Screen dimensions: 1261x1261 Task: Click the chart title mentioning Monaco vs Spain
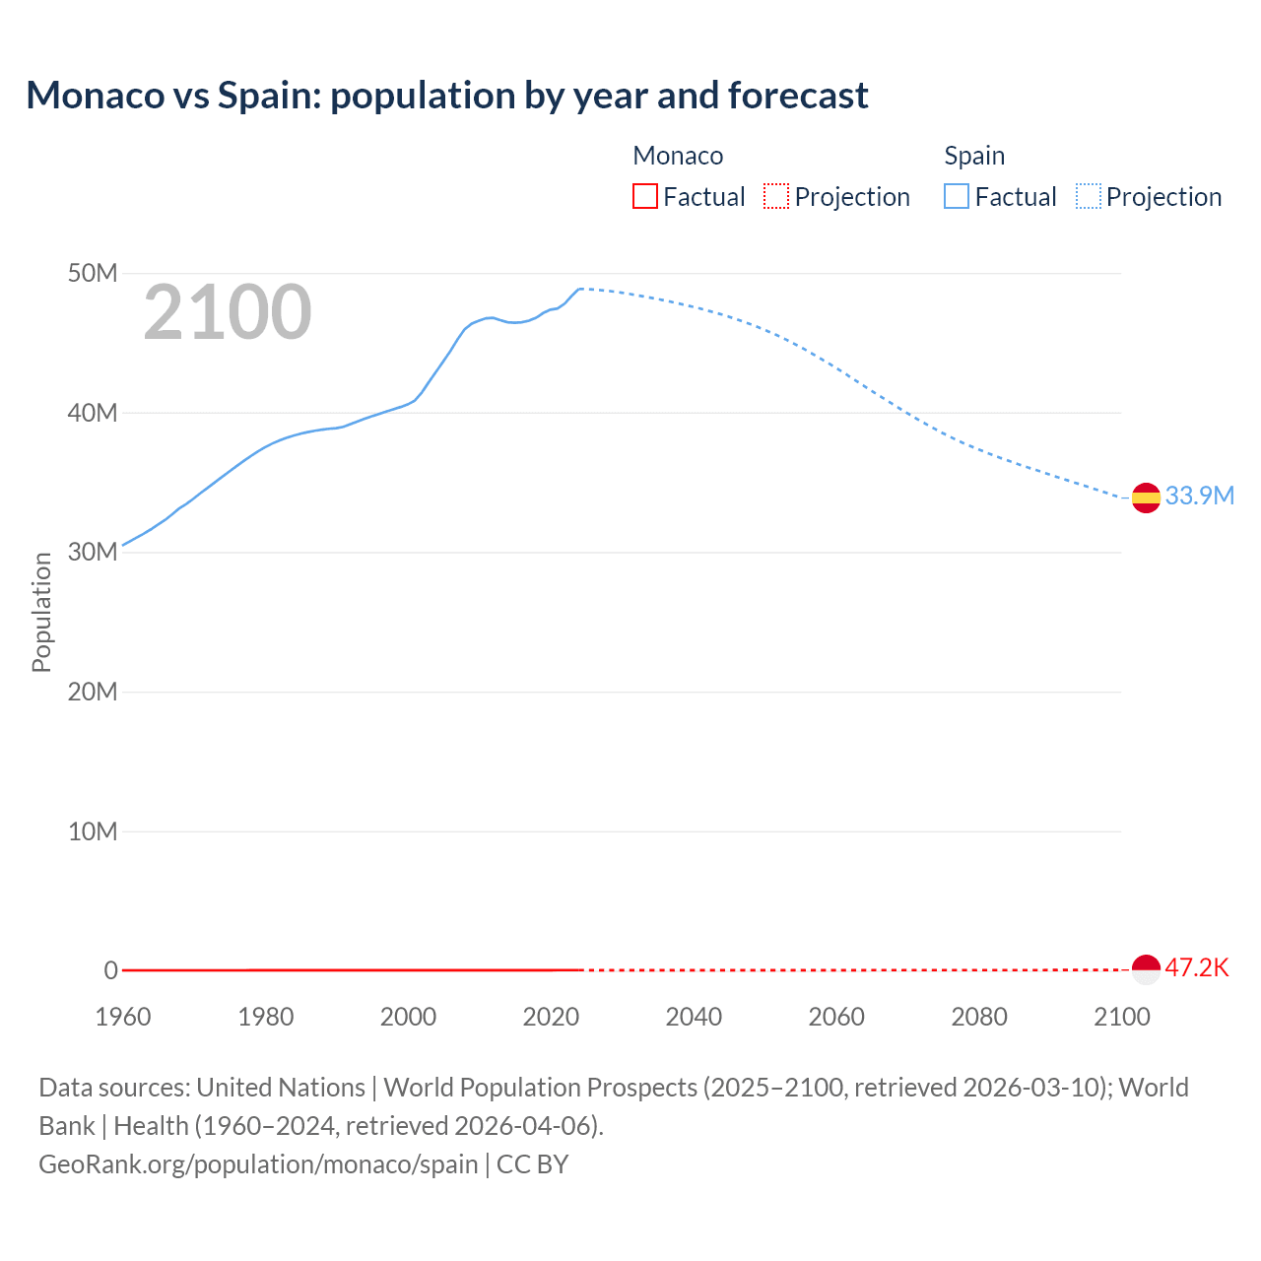(x=447, y=96)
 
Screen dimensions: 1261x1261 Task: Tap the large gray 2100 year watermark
(x=228, y=312)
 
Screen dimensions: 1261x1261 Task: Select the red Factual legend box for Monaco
(x=644, y=196)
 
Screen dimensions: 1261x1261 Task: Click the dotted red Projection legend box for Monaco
(x=776, y=196)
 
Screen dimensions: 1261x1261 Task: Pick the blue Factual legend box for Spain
(x=956, y=196)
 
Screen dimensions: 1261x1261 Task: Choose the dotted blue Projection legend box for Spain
(x=1089, y=196)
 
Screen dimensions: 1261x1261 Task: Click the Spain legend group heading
(x=974, y=156)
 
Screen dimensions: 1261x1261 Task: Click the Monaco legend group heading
(x=678, y=156)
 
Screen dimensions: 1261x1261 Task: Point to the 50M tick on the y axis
(x=93, y=273)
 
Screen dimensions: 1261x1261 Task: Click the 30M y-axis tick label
(x=93, y=552)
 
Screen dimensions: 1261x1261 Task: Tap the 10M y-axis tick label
(x=93, y=831)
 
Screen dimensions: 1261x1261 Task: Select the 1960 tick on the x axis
(x=123, y=1017)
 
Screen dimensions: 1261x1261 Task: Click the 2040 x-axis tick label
(x=694, y=1017)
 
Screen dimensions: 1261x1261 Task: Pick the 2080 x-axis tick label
(x=979, y=1017)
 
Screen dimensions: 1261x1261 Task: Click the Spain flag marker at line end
(x=1146, y=498)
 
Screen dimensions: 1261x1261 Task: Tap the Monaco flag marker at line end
(x=1146, y=969)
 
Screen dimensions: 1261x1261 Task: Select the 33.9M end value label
(x=1199, y=496)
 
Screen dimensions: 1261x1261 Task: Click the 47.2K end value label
(x=1197, y=967)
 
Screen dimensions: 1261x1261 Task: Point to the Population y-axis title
(x=41, y=612)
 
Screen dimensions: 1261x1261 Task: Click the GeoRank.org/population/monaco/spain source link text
(x=258, y=1163)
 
